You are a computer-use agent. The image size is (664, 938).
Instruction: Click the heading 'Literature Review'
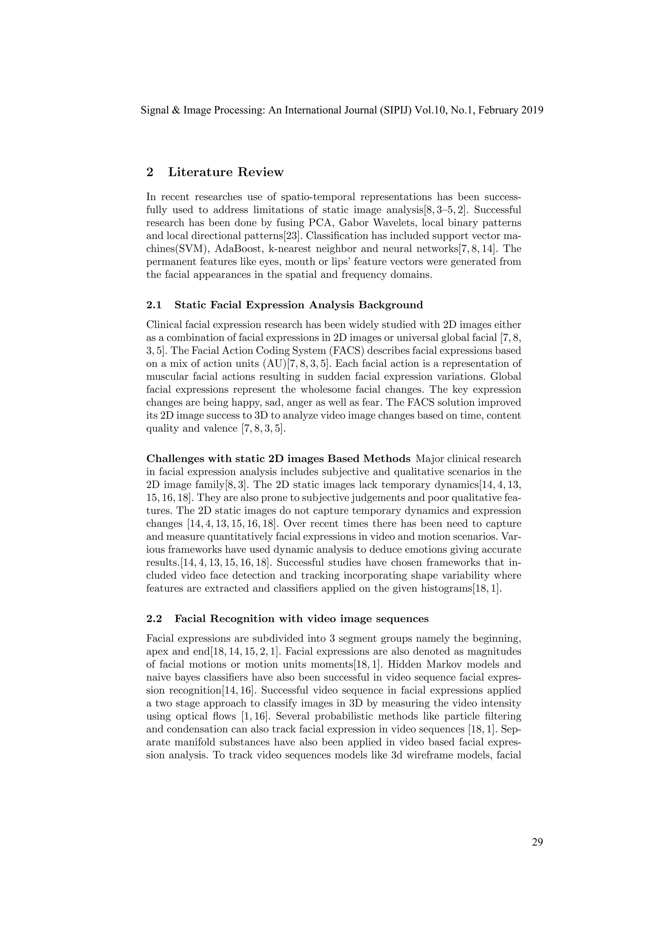(x=226, y=172)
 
